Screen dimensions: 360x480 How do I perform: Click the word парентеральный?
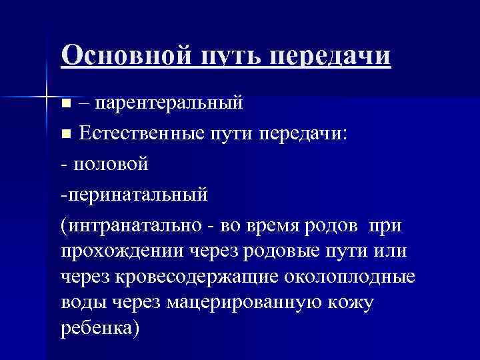pyautogui.click(x=169, y=103)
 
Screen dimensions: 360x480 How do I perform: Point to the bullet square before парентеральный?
pyautogui.click(x=65, y=104)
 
